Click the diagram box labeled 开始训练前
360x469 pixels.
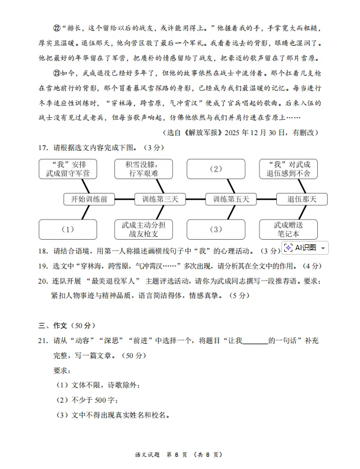point(89,199)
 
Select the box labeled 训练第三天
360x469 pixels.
point(160,199)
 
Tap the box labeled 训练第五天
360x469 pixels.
point(231,199)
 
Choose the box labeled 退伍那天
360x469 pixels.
point(302,199)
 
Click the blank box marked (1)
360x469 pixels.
point(68,229)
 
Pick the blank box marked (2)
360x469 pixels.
point(216,169)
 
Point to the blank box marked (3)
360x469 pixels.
point(216,229)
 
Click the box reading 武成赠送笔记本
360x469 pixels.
point(289,229)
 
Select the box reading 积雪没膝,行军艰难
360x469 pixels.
point(143,169)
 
